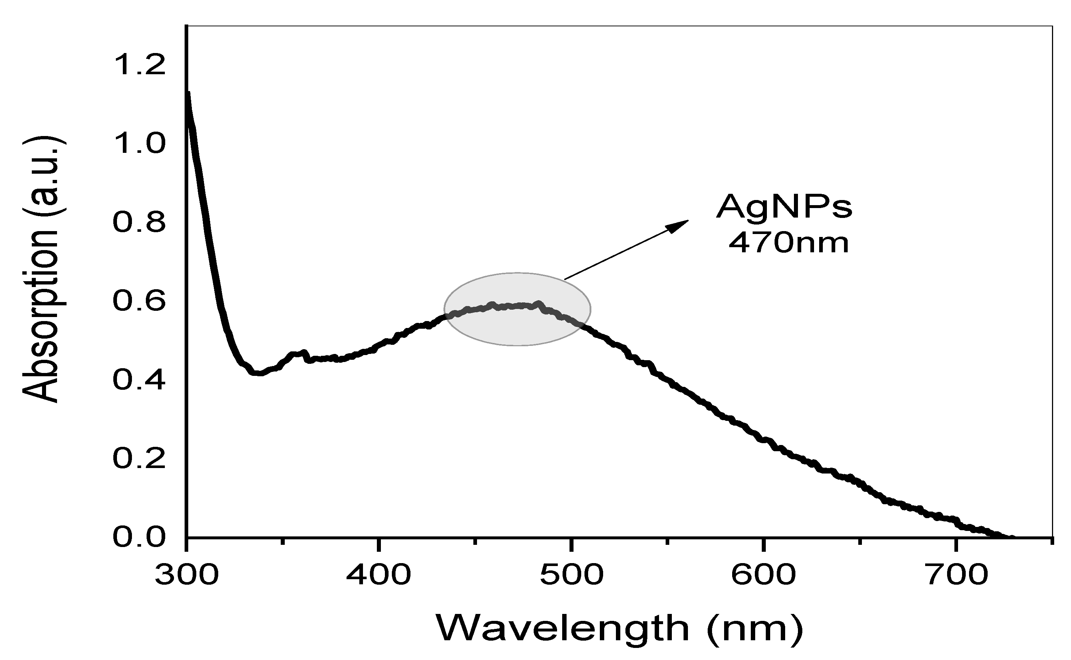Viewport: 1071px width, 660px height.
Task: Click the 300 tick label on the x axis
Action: pyautogui.click(x=187, y=575)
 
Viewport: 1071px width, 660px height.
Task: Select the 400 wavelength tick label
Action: pyautogui.click(x=379, y=575)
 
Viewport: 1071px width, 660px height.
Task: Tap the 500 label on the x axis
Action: pyautogui.click(x=571, y=575)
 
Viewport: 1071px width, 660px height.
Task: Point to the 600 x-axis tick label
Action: pyautogui.click(x=764, y=575)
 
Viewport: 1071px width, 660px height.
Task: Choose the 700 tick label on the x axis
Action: pyautogui.click(x=956, y=575)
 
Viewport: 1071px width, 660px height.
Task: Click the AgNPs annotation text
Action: pyautogui.click(x=784, y=207)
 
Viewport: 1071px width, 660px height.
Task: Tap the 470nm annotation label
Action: pyautogui.click(x=789, y=243)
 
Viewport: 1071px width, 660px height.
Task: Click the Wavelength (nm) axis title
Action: pyautogui.click(x=620, y=629)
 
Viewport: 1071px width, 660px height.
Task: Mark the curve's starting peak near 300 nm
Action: pyautogui.click(x=188, y=94)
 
